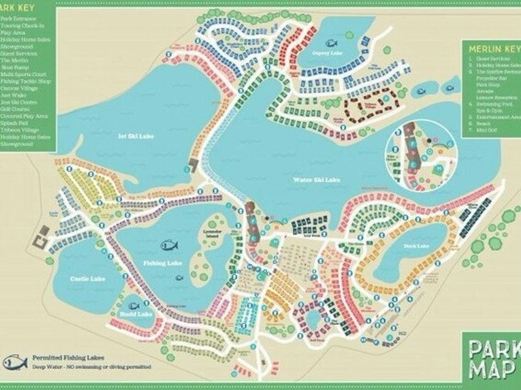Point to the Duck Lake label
click(416, 246)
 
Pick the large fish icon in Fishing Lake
click(170, 245)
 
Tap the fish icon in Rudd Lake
click(133, 305)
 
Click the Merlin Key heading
click(489, 49)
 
